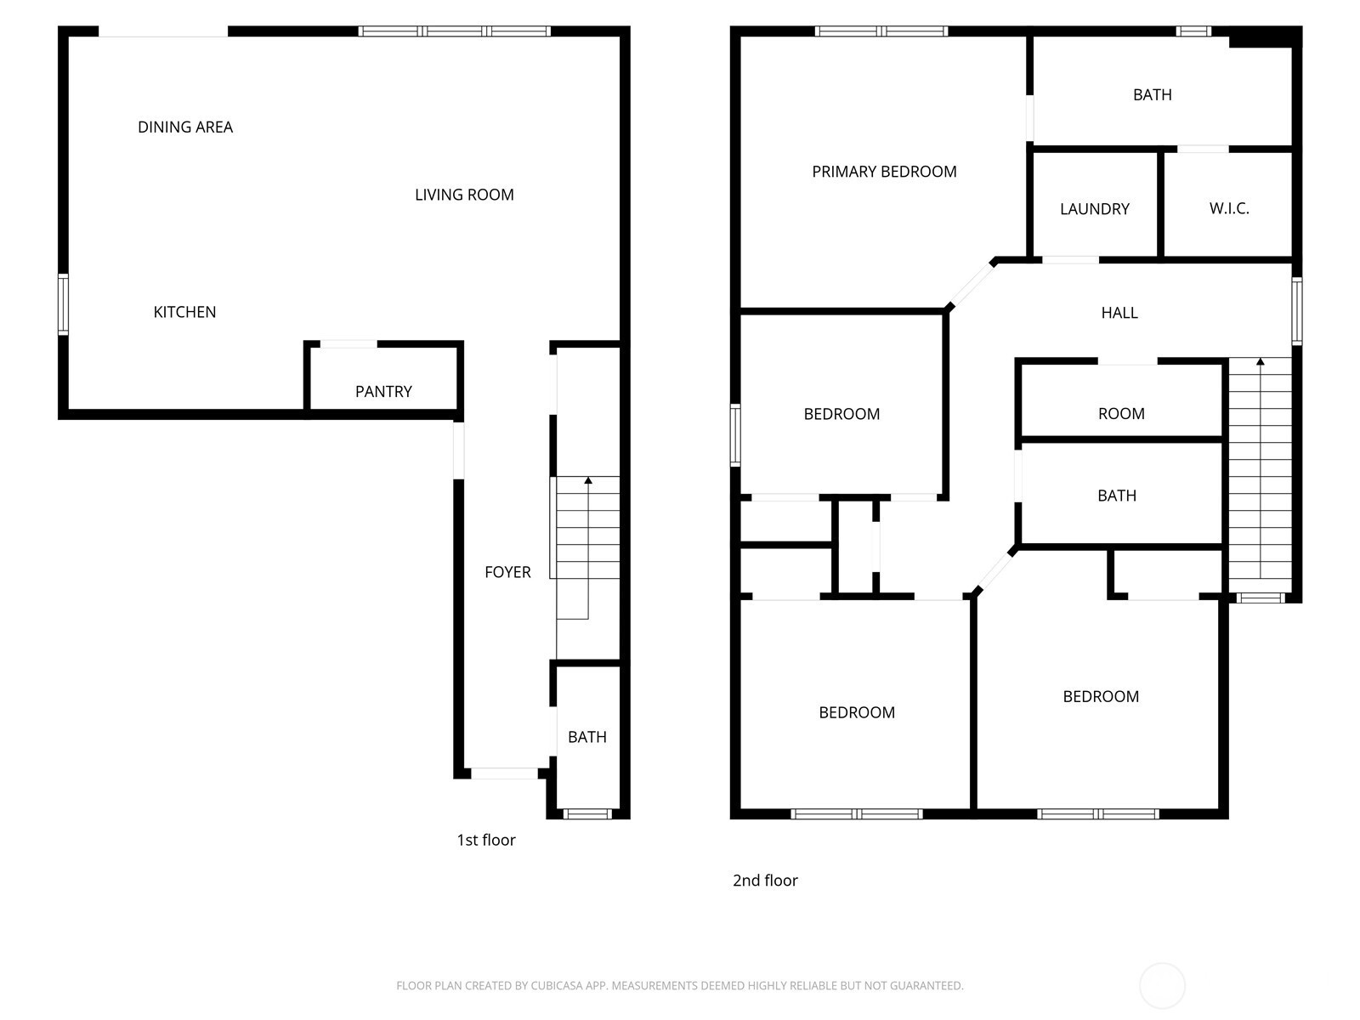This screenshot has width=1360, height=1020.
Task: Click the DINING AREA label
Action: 184,127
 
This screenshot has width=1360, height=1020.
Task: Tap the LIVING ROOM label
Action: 464,195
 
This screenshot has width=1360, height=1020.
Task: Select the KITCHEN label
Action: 184,311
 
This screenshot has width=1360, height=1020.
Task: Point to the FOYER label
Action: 507,571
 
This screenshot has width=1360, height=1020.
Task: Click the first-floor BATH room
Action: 587,737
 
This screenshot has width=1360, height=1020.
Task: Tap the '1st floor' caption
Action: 485,840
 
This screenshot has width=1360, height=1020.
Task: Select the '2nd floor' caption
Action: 765,880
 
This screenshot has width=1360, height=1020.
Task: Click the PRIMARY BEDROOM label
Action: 884,172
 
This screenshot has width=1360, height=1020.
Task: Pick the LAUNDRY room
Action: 1095,204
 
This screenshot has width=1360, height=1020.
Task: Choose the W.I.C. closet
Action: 1228,204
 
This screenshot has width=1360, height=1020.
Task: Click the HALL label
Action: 1119,313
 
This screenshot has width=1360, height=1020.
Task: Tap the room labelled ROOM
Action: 1121,400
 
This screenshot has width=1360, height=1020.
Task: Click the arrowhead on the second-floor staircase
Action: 1261,362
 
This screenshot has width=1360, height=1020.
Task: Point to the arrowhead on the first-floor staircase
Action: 588,480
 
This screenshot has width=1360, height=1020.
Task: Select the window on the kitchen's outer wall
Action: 63,304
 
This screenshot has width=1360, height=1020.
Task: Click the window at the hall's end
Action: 1297,311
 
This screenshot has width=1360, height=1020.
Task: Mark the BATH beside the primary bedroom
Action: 1152,94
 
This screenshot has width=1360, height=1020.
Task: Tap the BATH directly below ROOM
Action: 1121,493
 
